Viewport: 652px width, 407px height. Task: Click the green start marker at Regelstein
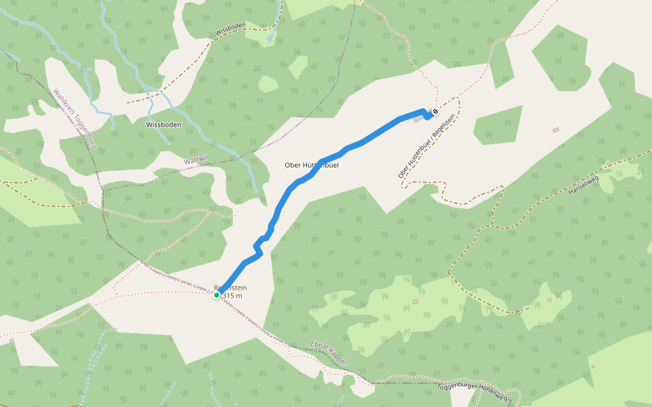[x=217, y=295]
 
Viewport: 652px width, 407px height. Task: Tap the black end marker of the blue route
[x=435, y=111]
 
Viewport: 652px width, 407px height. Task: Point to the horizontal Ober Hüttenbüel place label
[x=312, y=165]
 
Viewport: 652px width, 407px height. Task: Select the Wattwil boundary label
[x=196, y=161]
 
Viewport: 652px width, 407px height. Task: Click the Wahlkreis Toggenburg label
[x=74, y=119]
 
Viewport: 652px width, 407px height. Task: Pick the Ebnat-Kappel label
[x=329, y=353]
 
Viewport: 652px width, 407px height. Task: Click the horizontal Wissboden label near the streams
[x=163, y=125]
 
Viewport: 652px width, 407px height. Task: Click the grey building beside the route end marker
[x=416, y=120]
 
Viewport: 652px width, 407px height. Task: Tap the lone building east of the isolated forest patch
[x=556, y=130]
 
